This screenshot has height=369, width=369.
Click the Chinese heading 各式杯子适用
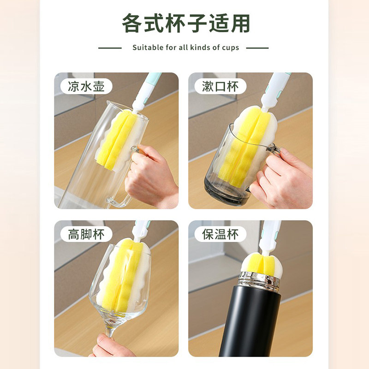tap(186, 23)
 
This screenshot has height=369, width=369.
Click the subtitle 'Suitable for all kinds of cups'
tap(185, 48)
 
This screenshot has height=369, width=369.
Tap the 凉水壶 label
tap(86, 86)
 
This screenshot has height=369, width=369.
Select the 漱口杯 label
tap(220, 86)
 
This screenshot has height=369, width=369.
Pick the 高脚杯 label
tap(86, 234)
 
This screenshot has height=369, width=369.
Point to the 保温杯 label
tap(220, 234)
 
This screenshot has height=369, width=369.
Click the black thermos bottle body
tap(250, 323)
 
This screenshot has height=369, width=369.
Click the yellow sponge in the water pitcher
tap(115, 138)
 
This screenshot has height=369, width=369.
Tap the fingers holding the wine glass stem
tap(108, 346)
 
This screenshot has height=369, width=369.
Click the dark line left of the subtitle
tap(110, 48)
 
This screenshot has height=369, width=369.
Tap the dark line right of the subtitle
tap(257, 48)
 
